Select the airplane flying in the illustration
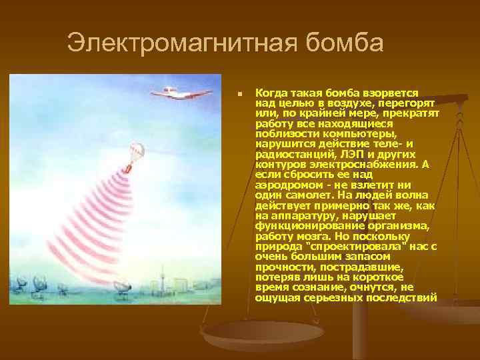tap(171, 92)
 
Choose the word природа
tap(275, 247)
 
